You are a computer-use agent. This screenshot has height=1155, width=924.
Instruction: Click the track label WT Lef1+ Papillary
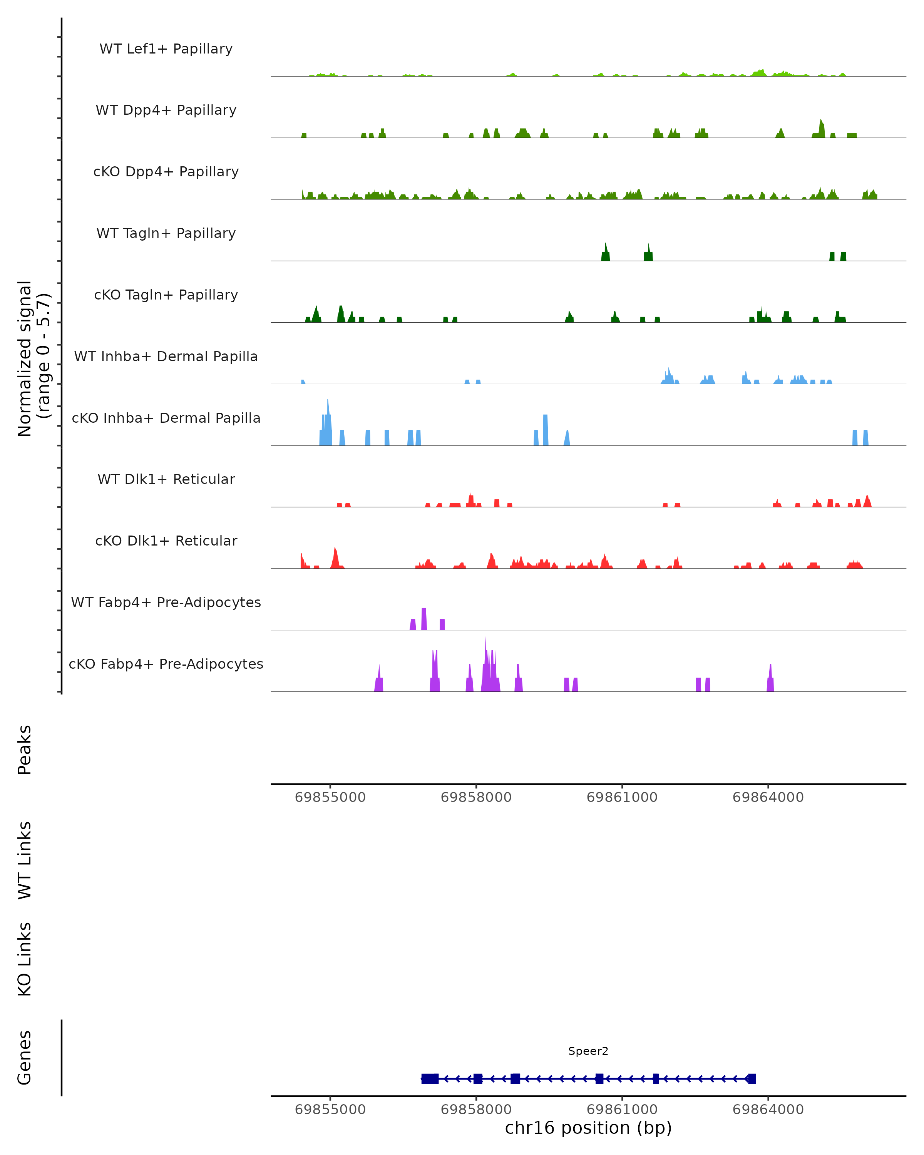[x=166, y=49]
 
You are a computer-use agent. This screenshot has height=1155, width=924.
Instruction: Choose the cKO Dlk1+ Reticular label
[x=166, y=541]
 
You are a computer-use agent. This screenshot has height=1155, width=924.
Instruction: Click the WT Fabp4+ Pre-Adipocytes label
[x=166, y=602]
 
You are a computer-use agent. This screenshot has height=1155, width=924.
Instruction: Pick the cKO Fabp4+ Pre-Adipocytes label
[x=166, y=664]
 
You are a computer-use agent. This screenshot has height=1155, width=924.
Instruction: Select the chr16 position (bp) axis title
[x=588, y=1128]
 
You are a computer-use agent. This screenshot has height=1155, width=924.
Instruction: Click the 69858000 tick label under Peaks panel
[x=475, y=797]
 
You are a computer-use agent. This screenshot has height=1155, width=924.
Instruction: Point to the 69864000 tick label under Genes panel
[x=768, y=1110]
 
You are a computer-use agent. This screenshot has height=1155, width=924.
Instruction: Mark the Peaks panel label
[x=25, y=750]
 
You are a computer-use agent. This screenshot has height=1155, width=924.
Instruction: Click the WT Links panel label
[x=25, y=860]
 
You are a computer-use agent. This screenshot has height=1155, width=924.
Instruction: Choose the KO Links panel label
[x=25, y=959]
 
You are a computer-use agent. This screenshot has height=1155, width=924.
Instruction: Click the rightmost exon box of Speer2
[x=752, y=1078]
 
